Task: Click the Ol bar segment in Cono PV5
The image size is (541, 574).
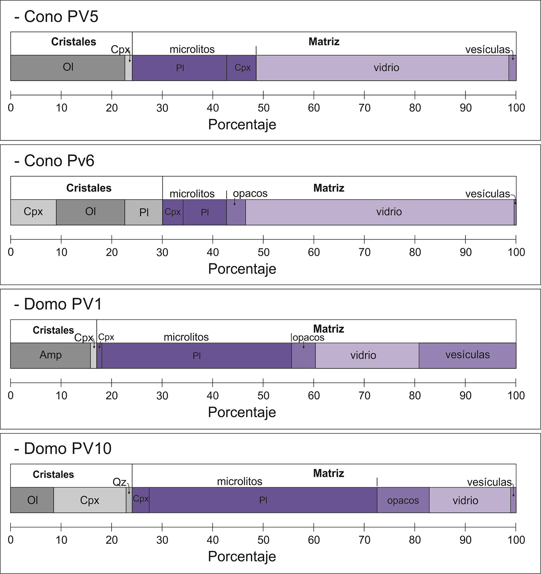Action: click(68, 67)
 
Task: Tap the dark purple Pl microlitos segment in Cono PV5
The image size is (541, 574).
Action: click(179, 68)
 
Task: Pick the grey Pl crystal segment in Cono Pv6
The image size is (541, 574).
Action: click(144, 212)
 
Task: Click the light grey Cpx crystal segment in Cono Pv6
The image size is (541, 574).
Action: click(33, 212)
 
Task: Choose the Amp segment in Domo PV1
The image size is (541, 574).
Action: click(50, 355)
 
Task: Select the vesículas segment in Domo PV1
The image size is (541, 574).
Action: click(467, 355)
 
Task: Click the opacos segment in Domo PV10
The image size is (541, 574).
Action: click(403, 500)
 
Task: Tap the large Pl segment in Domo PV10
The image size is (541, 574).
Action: click(263, 500)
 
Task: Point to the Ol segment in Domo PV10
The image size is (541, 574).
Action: click(32, 500)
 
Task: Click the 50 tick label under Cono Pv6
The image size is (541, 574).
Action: click(263, 252)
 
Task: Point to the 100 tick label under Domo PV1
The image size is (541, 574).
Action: click(516, 396)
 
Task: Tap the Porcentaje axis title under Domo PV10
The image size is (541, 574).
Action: click(242, 556)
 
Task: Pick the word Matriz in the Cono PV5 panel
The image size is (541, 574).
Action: click(324, 42)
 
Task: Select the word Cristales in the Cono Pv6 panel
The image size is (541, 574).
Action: click(89, 188)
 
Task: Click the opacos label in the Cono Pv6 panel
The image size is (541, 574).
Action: click(250, 193)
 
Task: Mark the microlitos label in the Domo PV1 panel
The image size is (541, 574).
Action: click(186, 337)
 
